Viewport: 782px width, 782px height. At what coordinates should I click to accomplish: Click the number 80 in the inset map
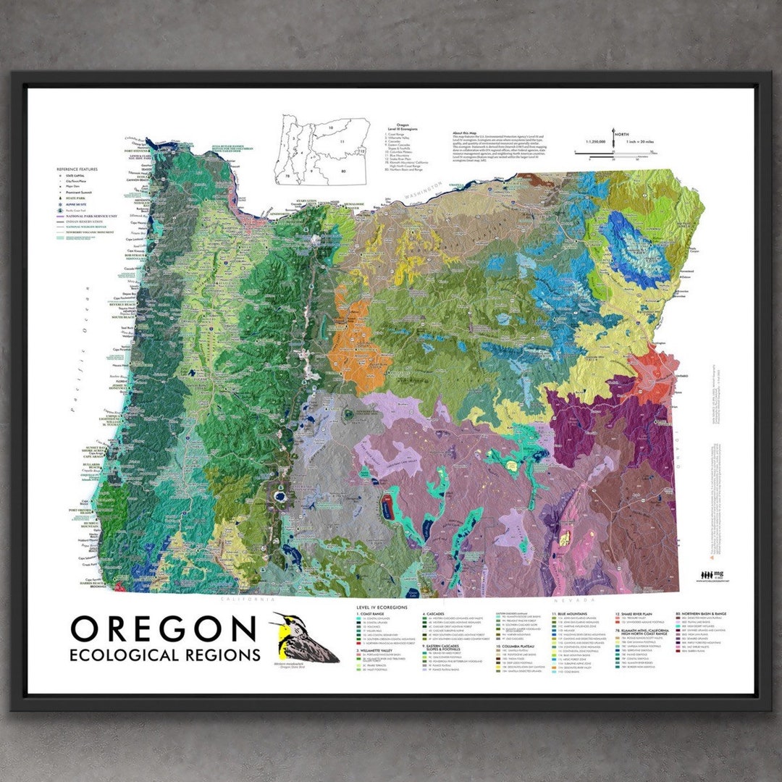tap(344, 171)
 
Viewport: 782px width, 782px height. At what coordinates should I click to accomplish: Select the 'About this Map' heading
tap(468, 133)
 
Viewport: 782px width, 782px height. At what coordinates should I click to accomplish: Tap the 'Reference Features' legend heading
tap(76, 169)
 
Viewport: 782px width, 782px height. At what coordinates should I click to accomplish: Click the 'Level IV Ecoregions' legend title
tap(383, 607)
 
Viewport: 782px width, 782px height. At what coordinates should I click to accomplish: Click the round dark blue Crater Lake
tap(279, 498)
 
